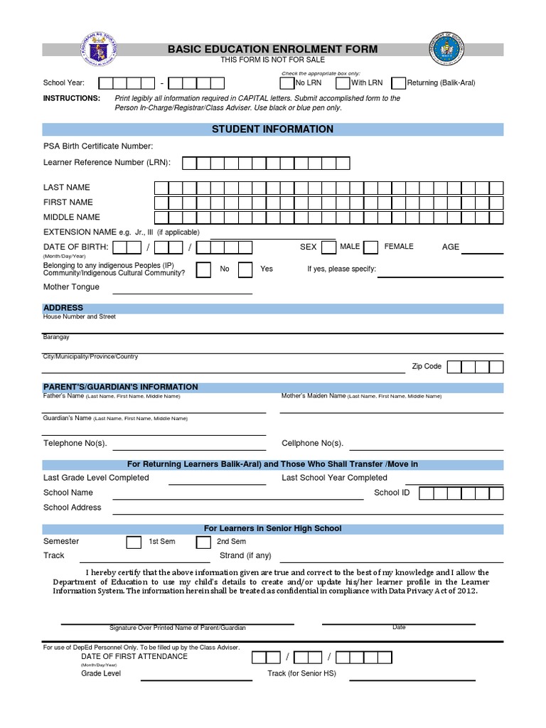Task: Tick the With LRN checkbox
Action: pos(343,82)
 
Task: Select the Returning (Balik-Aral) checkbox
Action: pos(399,82)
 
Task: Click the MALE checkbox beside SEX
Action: pos(328,247)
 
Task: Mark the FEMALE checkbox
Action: pos(370,247)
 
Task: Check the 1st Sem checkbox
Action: pos(134,542)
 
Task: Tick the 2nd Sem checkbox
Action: pos(203,542)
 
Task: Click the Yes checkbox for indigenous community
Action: pos(245,269)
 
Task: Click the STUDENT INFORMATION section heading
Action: pos(272,129)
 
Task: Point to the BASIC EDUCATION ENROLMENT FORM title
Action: pos(272,49)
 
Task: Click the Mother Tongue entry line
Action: pos(182,291)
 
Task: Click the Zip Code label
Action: pos(427,367)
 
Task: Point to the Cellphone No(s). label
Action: pos(312,444)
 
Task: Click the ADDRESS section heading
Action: pos(63,308)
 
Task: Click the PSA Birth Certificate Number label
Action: pos(98,146)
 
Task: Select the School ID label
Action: pos(392,493)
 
